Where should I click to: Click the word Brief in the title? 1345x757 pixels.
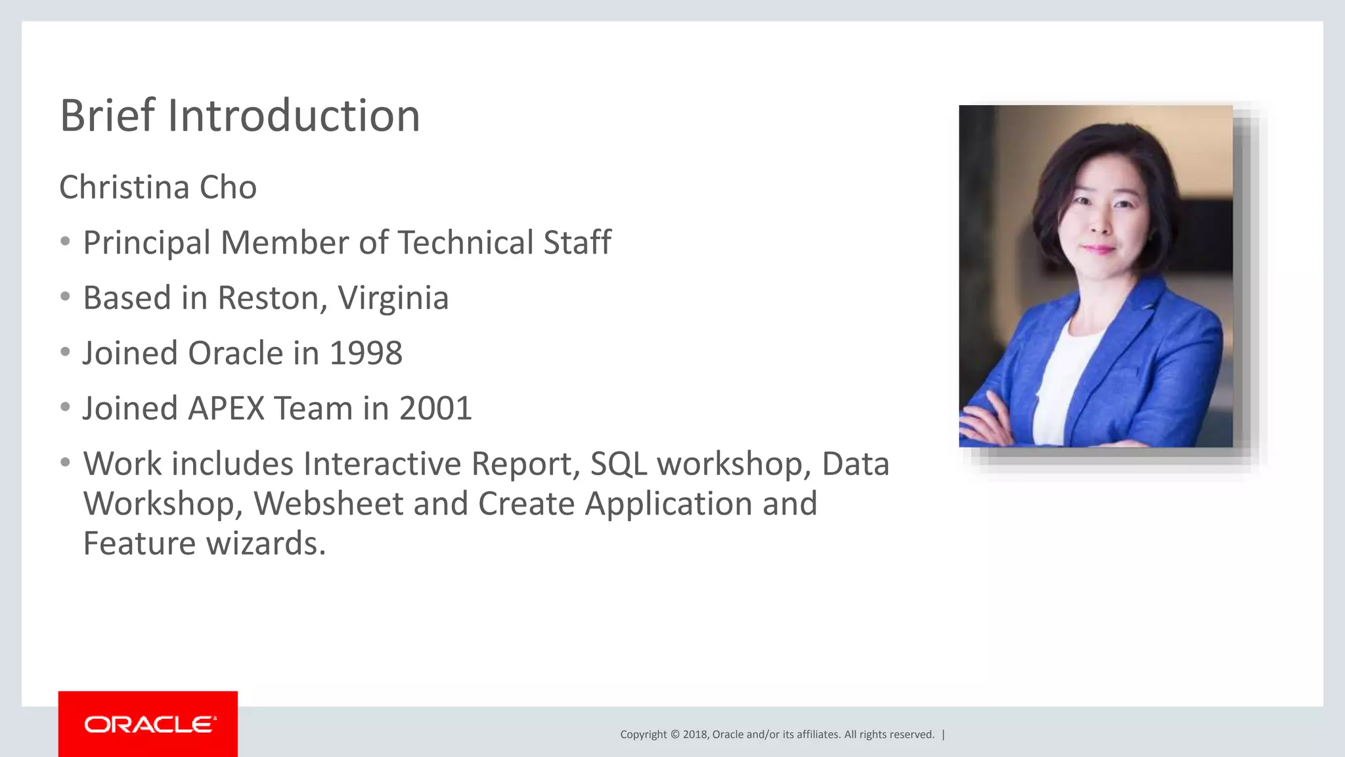tap(106, 116)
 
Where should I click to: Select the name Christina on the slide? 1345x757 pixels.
tap(125, 187)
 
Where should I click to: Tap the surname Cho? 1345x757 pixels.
tap(228, 187)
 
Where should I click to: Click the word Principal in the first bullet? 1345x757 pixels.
tap(146, 243)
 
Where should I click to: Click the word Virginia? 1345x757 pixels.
tap(393, 298)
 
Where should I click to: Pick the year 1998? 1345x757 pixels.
tap(365, 354)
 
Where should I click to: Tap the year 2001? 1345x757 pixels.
tap(435, 409)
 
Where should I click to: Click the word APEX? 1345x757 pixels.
tap(225, 409)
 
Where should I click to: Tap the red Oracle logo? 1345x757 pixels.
tap(148, 724)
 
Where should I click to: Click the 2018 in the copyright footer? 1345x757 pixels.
tap(695, 735)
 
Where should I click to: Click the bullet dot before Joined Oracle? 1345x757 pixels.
tap(65, 352)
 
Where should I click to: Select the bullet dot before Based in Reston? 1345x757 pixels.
tap(65, 297)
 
